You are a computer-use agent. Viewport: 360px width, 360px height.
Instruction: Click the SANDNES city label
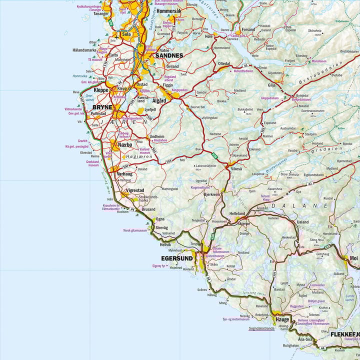[x=169, y=55]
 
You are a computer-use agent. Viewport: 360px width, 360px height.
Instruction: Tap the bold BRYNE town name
[x=102, y=107]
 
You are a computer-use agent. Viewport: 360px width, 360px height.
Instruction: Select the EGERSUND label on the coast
[x=176, y=258]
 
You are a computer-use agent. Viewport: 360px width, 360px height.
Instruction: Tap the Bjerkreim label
[x=212, y=194]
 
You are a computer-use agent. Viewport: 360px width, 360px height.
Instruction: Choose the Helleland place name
[x=237, y=213]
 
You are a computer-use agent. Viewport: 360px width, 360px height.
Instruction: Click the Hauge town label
[x=282, y=318]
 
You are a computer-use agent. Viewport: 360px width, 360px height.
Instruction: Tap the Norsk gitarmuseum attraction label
[x=135, y=230]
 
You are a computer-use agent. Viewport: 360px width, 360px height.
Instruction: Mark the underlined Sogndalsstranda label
[x=255, y=329]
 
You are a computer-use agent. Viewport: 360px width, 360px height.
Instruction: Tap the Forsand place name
[x=248, y=29]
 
